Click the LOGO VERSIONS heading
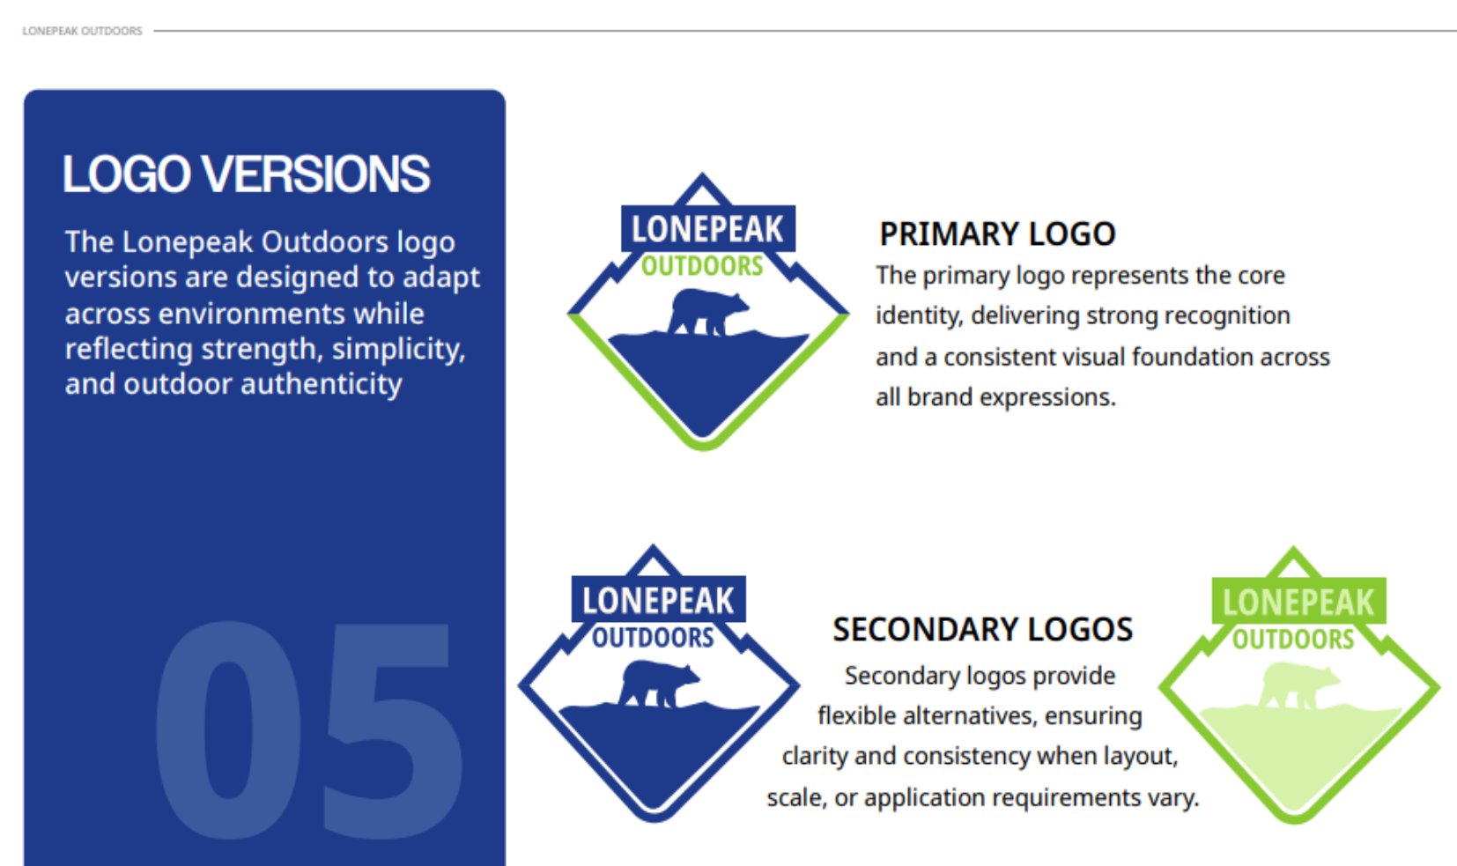tap(246, 174)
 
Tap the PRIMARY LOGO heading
tap(997, 234)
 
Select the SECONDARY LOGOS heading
tap(983, 629)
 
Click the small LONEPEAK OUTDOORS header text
tap(82, 31)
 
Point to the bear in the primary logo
tap(707, 313)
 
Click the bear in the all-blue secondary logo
tap(658, 684)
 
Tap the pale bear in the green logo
tap(1298, 685)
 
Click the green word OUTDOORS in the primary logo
tap(702, 266)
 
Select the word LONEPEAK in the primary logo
tap(707, 229)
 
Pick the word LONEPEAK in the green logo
tap(1298, 602)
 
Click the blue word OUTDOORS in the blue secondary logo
tap(653, 638)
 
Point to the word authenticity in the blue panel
tap(322, 384)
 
